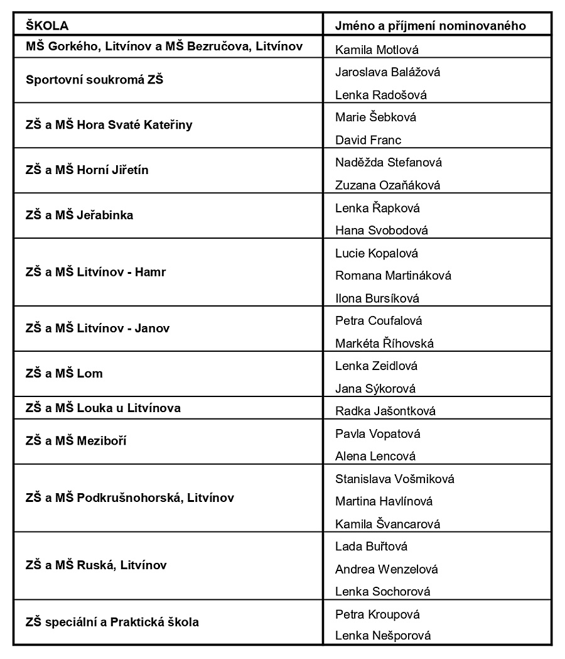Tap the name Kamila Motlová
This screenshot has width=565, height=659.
tap(377, 50)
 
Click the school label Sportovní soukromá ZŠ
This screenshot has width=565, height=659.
tap(94, 80)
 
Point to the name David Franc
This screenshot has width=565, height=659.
tap(368, 140)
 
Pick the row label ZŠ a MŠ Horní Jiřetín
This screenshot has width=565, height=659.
tap(87, 170)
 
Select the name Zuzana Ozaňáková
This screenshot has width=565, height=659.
tap(387, 185)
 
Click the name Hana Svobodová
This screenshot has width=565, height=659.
tap(381, 231)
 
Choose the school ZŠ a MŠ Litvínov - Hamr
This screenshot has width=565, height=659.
tap(95, 272)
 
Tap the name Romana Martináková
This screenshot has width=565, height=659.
tap(393, 275)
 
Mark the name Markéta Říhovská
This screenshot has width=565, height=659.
tap(393, 344)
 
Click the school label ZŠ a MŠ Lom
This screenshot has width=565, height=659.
tap(64, 373)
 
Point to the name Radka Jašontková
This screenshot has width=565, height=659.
tap(385, 411)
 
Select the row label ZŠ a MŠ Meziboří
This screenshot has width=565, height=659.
tap(76, 441)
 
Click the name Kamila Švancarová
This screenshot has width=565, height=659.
tap(387, 524)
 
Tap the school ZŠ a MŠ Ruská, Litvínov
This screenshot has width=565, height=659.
tap(96, 565)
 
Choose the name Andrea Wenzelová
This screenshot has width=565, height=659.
tap(386, 569)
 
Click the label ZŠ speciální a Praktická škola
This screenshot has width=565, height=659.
tap(112, 622)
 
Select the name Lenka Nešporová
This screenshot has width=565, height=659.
tap(383, 636)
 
